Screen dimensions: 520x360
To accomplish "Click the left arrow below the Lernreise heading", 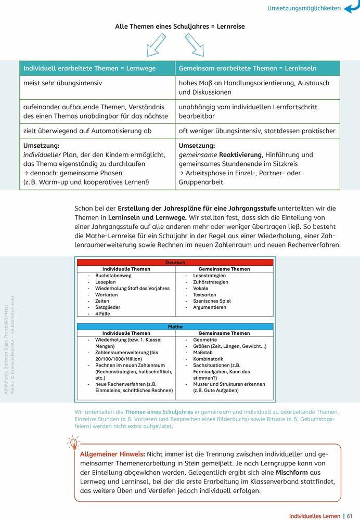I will tap(156, 45).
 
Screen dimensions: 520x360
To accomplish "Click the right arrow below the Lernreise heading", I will tap(195, 45).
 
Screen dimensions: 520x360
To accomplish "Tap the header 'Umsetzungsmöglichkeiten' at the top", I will tap(304, 8).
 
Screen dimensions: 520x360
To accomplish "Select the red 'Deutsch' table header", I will tap(175, 263).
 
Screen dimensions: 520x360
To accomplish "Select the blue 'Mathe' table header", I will tap(175, 327).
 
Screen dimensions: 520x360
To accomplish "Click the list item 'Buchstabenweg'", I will tap(113, 276).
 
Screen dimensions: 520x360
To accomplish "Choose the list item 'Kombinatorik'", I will tap(208, 359).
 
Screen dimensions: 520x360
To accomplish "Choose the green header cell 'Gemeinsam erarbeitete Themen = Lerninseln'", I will tap(248, 68).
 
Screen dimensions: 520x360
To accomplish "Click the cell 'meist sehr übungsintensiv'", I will tap(62, 83).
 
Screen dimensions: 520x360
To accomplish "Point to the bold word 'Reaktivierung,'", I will tap(241, 155).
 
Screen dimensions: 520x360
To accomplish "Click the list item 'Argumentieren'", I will tap(210, 307).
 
